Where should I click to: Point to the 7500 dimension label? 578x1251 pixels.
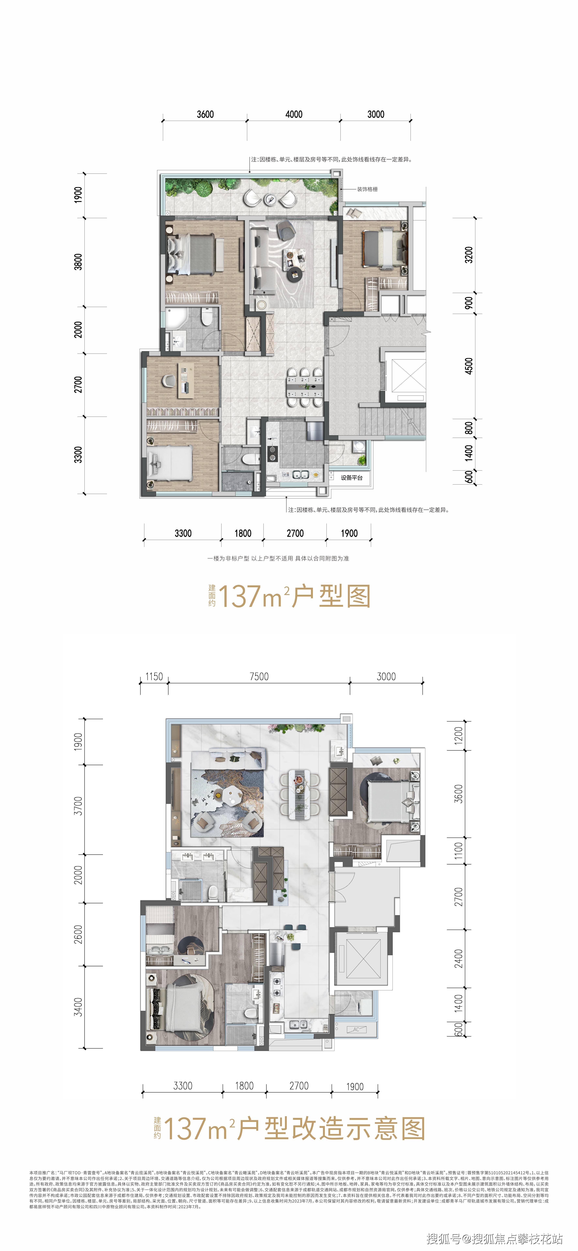click(x=259, y=676)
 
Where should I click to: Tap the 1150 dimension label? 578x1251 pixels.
click(x=154, y=676)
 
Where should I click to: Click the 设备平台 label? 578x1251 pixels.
click(x=351, y=478)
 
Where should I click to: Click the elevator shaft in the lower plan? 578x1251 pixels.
click(x=362, y=957)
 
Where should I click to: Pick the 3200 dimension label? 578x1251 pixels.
click(x=468, y=255)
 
